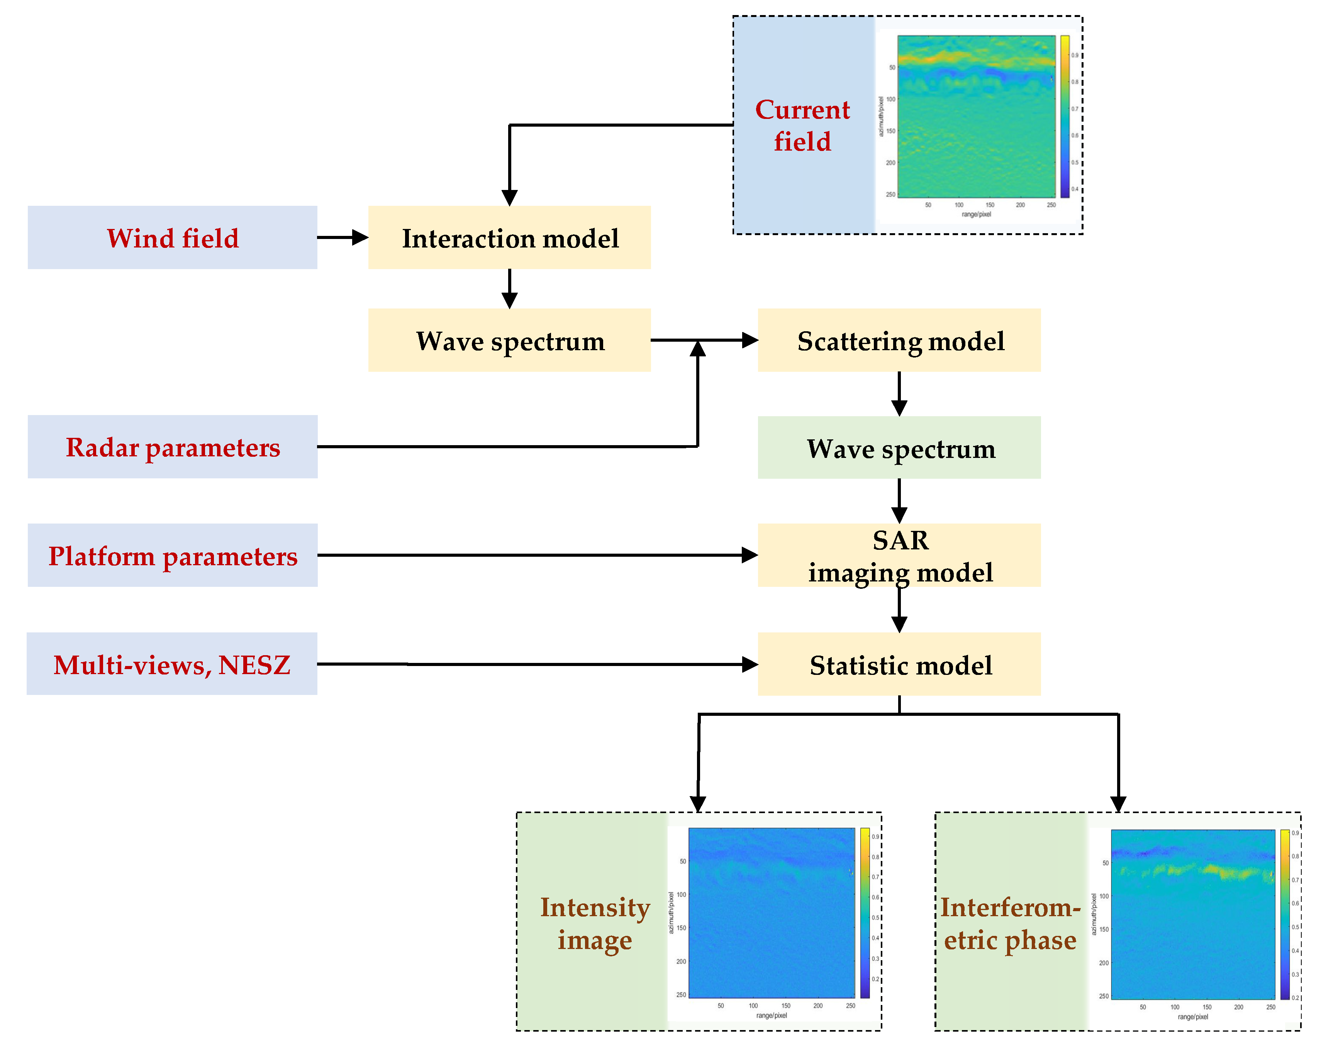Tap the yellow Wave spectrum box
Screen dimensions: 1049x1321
[x=509, y=340]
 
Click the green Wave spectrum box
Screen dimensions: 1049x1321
[x=899, y=447]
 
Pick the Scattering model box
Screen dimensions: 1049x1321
[x=899, y=340]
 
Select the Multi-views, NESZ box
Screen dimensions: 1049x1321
[x=172, y=664]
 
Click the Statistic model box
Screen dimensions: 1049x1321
[x=899, y=664]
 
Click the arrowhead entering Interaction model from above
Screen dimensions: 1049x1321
[x=509, y=197]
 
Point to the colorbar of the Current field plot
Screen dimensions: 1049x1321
[x=1065, y=117]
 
